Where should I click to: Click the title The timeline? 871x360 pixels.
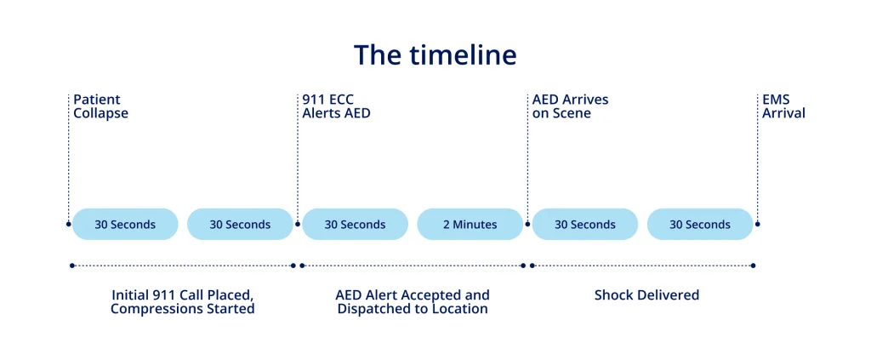(x=435, y=55)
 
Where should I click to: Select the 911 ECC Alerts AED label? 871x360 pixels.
(x=336, y=106)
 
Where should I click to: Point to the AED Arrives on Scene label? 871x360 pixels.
(x=570, y=106)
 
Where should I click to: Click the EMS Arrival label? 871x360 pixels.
(x=783, y=106)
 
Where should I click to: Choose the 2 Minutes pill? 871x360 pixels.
(x=470, y=225)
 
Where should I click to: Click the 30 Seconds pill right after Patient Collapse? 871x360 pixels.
(x=125, y=225)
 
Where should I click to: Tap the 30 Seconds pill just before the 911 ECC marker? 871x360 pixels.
(x=240, y=225)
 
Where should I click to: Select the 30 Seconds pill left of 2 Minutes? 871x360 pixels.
(x=355, y=225)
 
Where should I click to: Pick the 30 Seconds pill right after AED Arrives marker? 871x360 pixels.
(x=584, y=225)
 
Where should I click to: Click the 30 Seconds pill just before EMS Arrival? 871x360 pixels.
(x=699, y=225)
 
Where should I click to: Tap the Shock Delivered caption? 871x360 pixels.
(x=646, y=295)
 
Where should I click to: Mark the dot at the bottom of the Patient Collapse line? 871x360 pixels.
(x=69, y=225)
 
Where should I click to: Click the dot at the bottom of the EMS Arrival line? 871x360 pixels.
(x=758, y=225)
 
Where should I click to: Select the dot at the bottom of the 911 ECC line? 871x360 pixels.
(x=298, y=225)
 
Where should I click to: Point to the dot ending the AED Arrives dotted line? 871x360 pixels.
(x=527, y=225)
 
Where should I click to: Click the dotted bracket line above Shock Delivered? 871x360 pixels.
(x=643, y=266)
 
